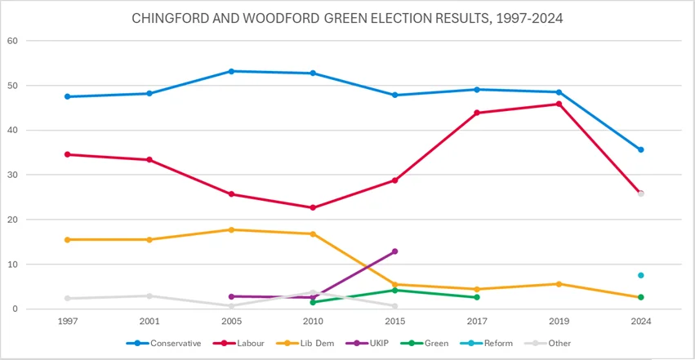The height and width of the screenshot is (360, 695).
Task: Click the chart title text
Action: pyautogui.click(x=347, y=17)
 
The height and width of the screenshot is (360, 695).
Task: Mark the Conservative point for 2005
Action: pyautogui.click(x=231, y=71)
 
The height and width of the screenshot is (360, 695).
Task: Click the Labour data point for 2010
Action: pyautogui.click(x=313, y=207)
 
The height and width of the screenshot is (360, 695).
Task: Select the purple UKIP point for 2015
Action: pyautogui.click(x=394, y=251)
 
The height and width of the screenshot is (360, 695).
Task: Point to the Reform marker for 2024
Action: pyautogui.click(x=641, y=275)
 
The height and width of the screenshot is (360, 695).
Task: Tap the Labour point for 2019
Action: pyautogui.click(x=559, y=104)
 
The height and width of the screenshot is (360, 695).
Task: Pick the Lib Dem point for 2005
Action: pyautogui.click(x=231, y=229)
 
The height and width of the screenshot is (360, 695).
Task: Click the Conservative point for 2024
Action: pyautogui.click(x=641, y=149)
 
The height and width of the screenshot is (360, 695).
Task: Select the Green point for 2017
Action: pyautogui.click(x=477, y=297)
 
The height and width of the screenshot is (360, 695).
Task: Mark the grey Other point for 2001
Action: pyautogui.click(x=149, y=296)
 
